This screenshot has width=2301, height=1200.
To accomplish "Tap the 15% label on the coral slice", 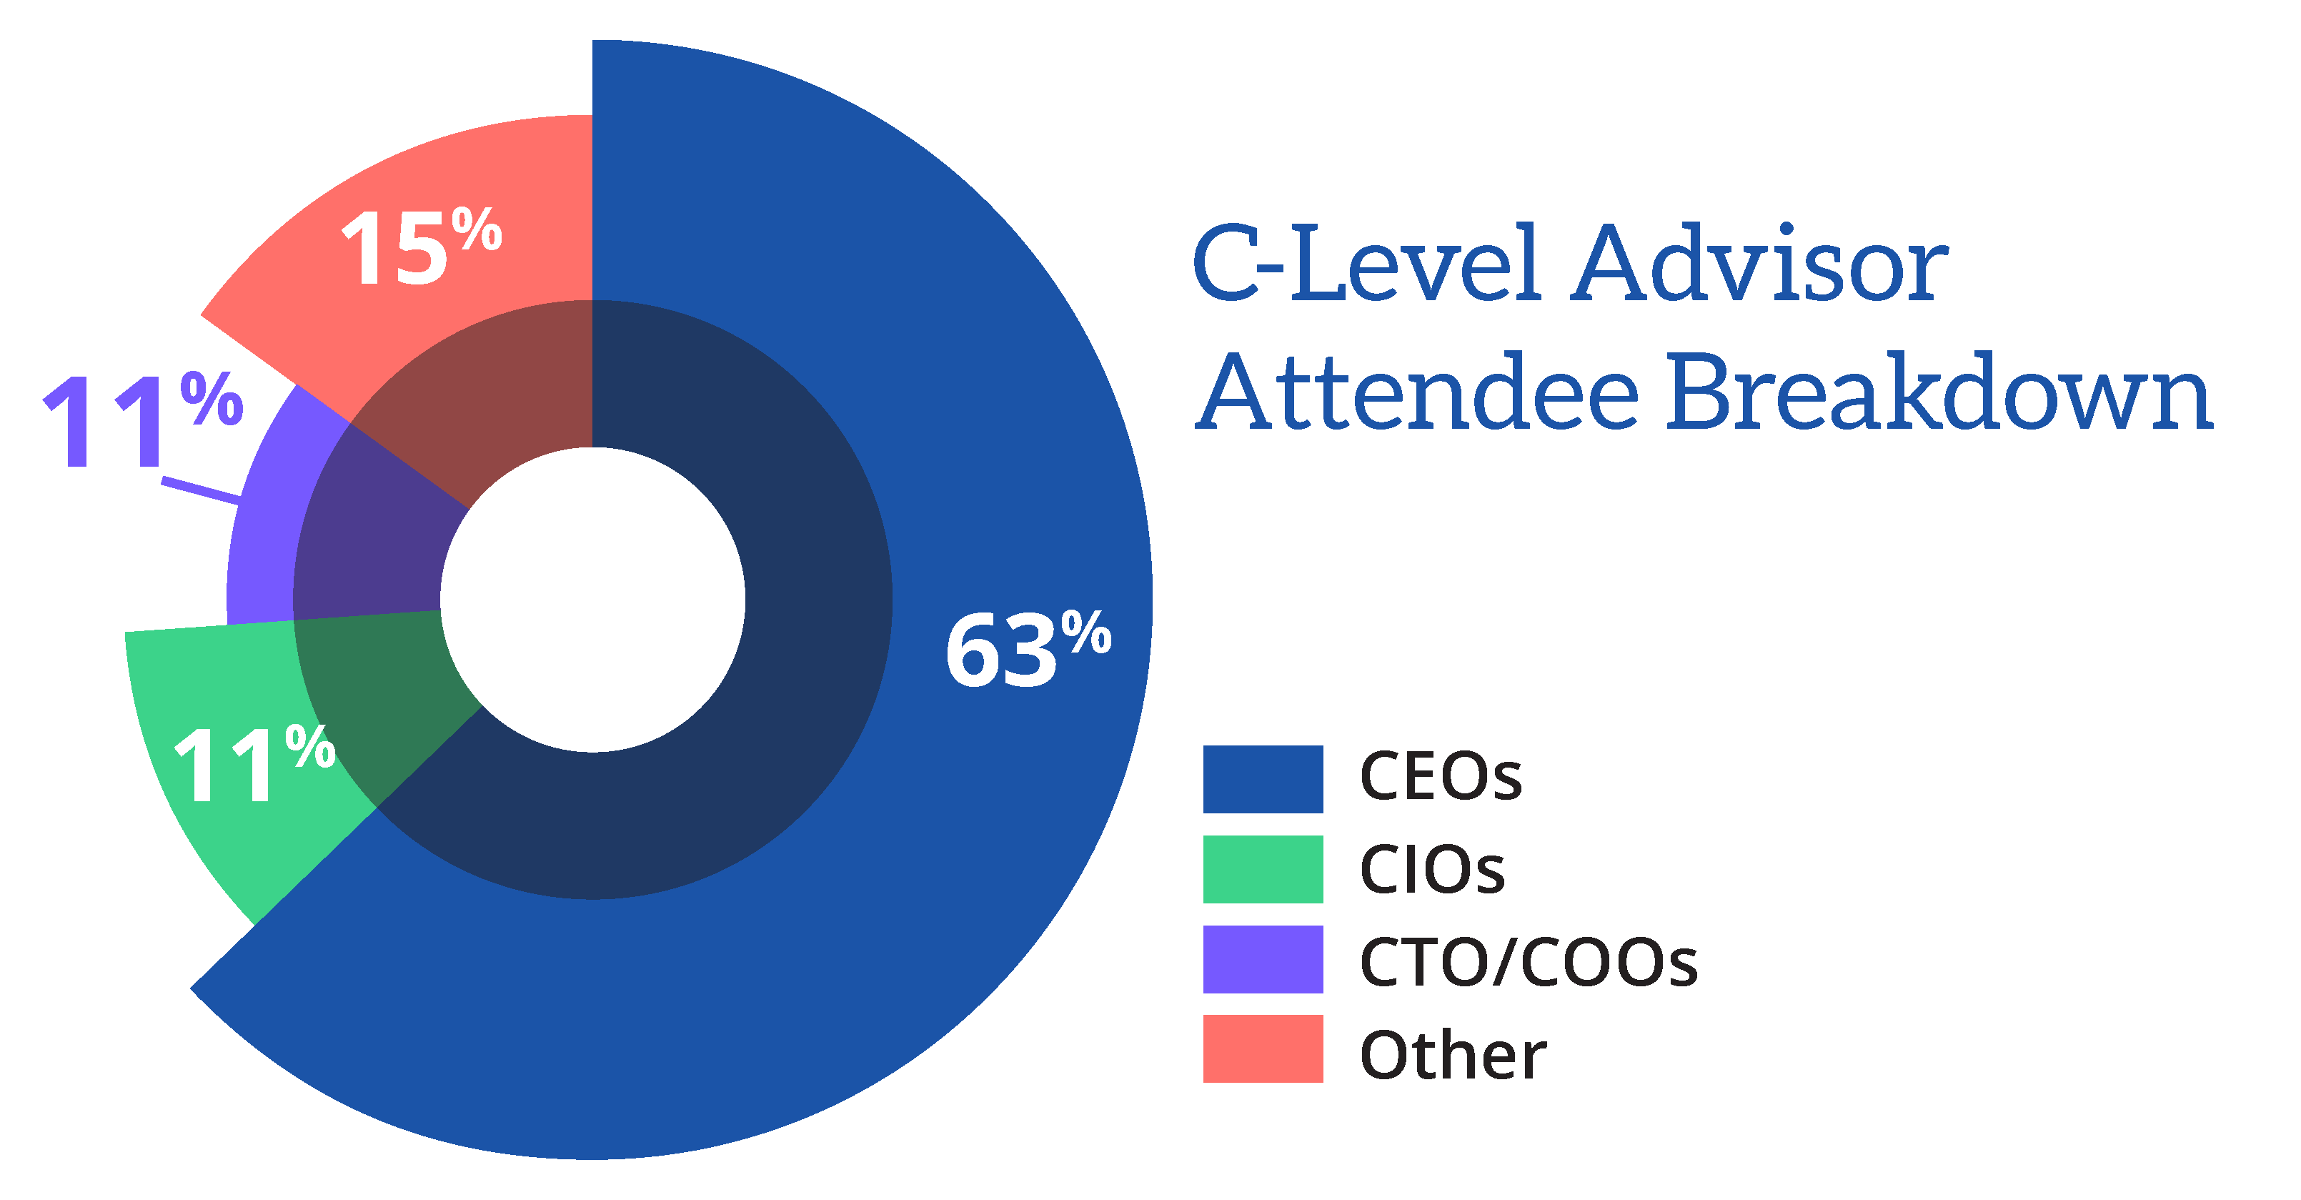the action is pos(422,246).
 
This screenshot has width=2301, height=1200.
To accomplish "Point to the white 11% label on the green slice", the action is pos(254,763).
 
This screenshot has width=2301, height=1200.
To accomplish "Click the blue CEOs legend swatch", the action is pos(1263,779).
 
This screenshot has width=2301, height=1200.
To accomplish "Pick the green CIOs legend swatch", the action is pos(1263,869).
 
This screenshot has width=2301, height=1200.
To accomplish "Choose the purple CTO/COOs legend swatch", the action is pos(1263,960).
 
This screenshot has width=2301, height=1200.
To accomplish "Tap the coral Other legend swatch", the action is pos(1263,1049).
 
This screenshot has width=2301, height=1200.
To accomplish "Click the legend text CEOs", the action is pos(1441,775).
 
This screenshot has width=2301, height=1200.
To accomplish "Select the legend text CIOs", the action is pos(1432,868).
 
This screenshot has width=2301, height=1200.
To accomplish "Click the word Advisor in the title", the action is pos(1759,264).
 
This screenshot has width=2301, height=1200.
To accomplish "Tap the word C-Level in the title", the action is pos(1366,263).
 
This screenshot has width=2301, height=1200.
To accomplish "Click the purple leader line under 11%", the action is pos(201,490).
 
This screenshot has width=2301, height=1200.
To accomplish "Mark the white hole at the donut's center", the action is pos(592,600).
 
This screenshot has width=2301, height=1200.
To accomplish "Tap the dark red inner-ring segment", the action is pos(500,385).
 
